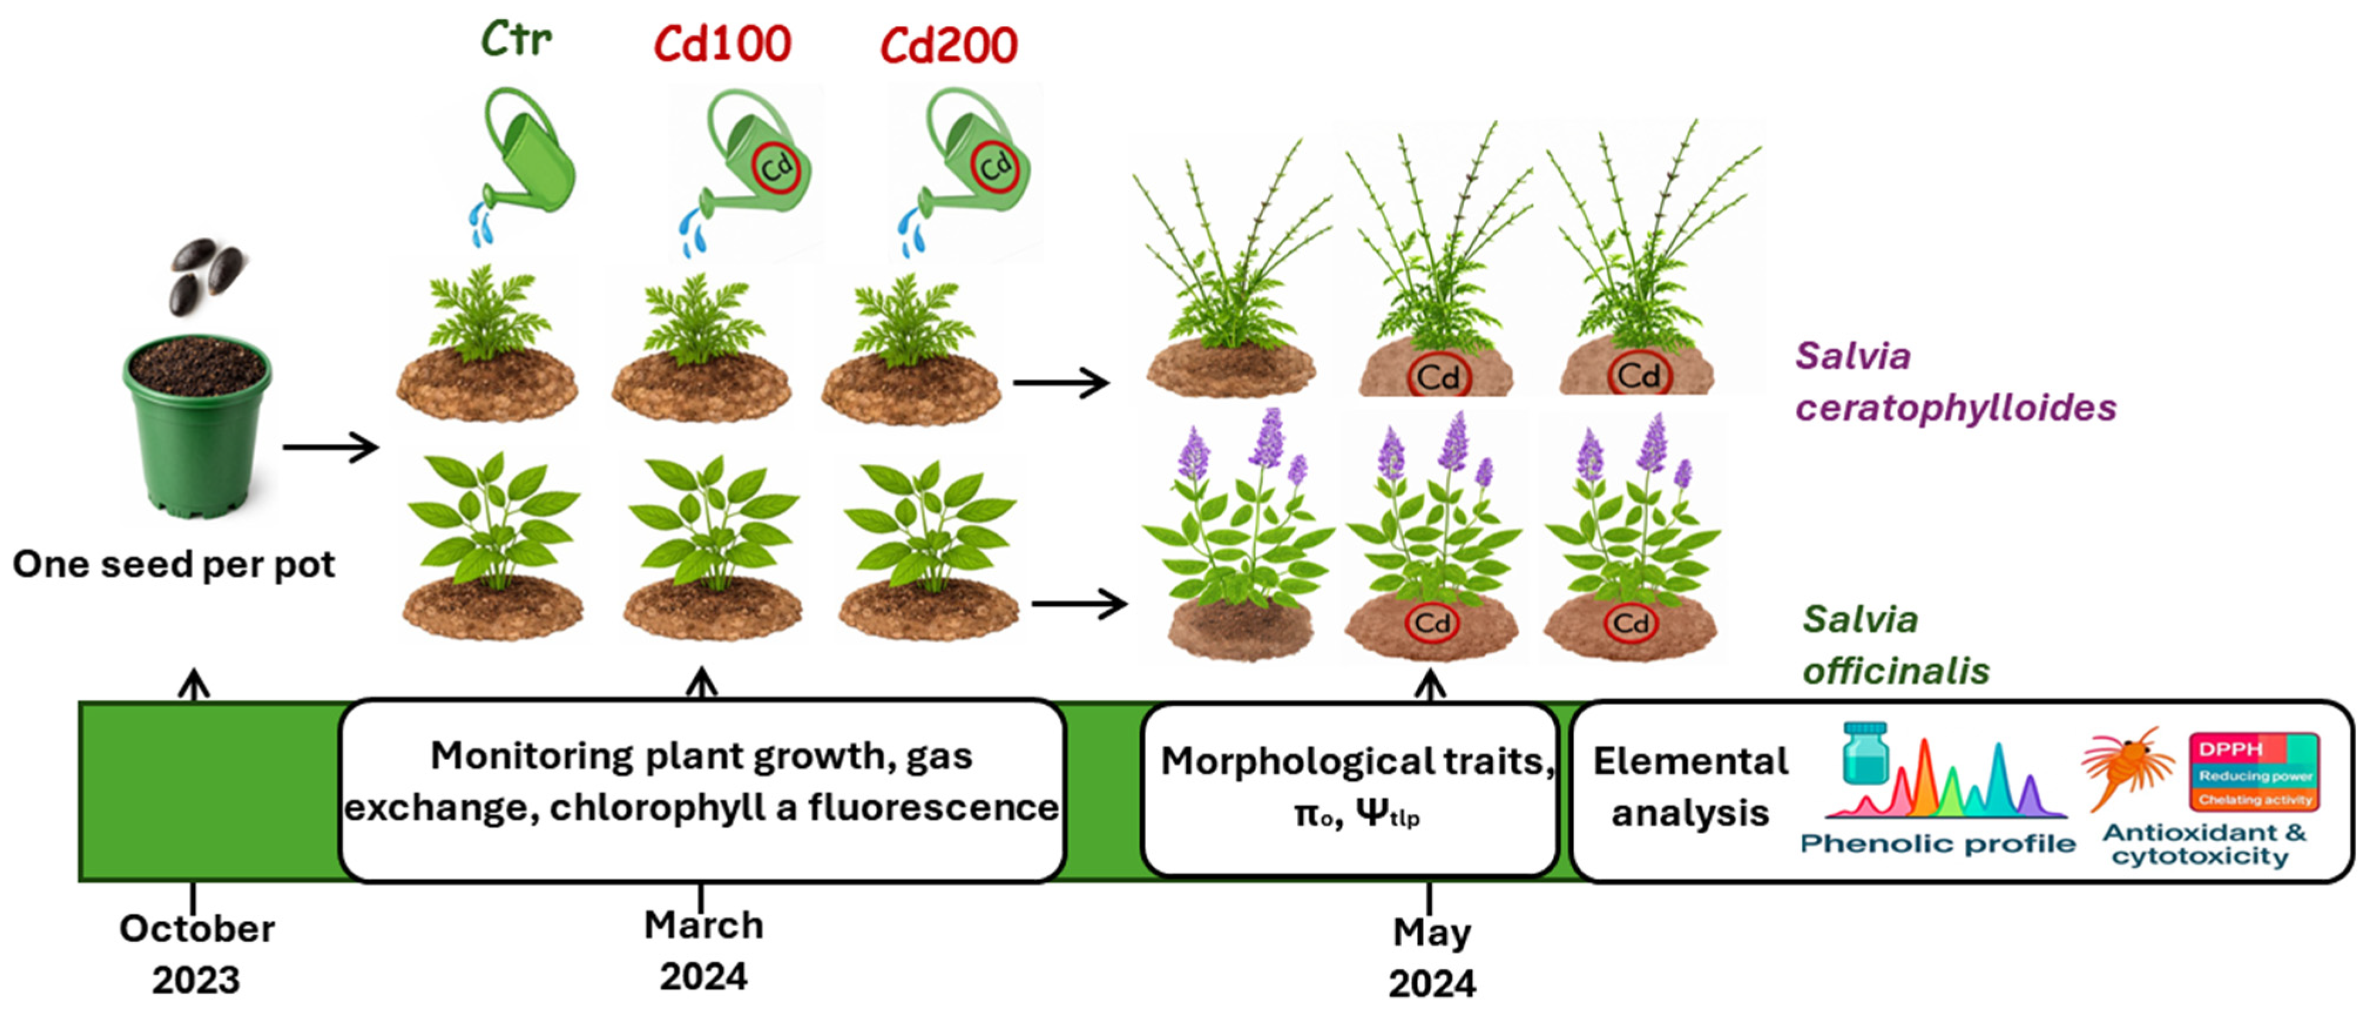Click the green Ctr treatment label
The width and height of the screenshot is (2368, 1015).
517,39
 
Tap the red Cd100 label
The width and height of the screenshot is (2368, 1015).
722,43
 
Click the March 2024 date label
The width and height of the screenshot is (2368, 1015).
703,950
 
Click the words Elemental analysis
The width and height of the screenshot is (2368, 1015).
1690,787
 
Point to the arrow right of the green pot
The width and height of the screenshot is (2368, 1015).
331,448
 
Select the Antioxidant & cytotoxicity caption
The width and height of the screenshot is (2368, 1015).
2204,844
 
